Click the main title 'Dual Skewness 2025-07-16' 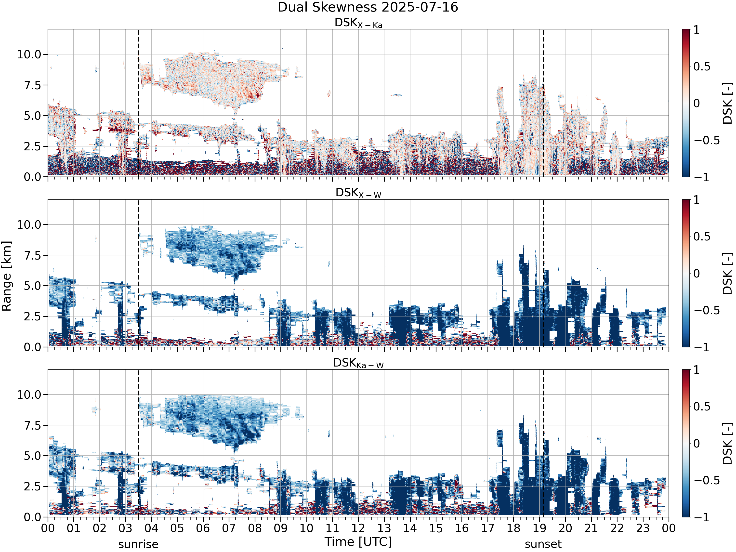(x=368, y=7)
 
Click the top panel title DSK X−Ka (x=358, y=23)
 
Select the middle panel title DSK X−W (x=358, y=193)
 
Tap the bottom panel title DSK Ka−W (x=358, y=363)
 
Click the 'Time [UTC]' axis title (x=358, y=542)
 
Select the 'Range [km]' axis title (x=7, y=276)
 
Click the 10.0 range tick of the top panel (x=29, y=54)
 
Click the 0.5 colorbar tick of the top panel (x=701, y=66)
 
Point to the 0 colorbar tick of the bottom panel (x=697, y=443)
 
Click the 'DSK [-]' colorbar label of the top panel (x=728, y=103)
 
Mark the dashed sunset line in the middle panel (x=543, y=273)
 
